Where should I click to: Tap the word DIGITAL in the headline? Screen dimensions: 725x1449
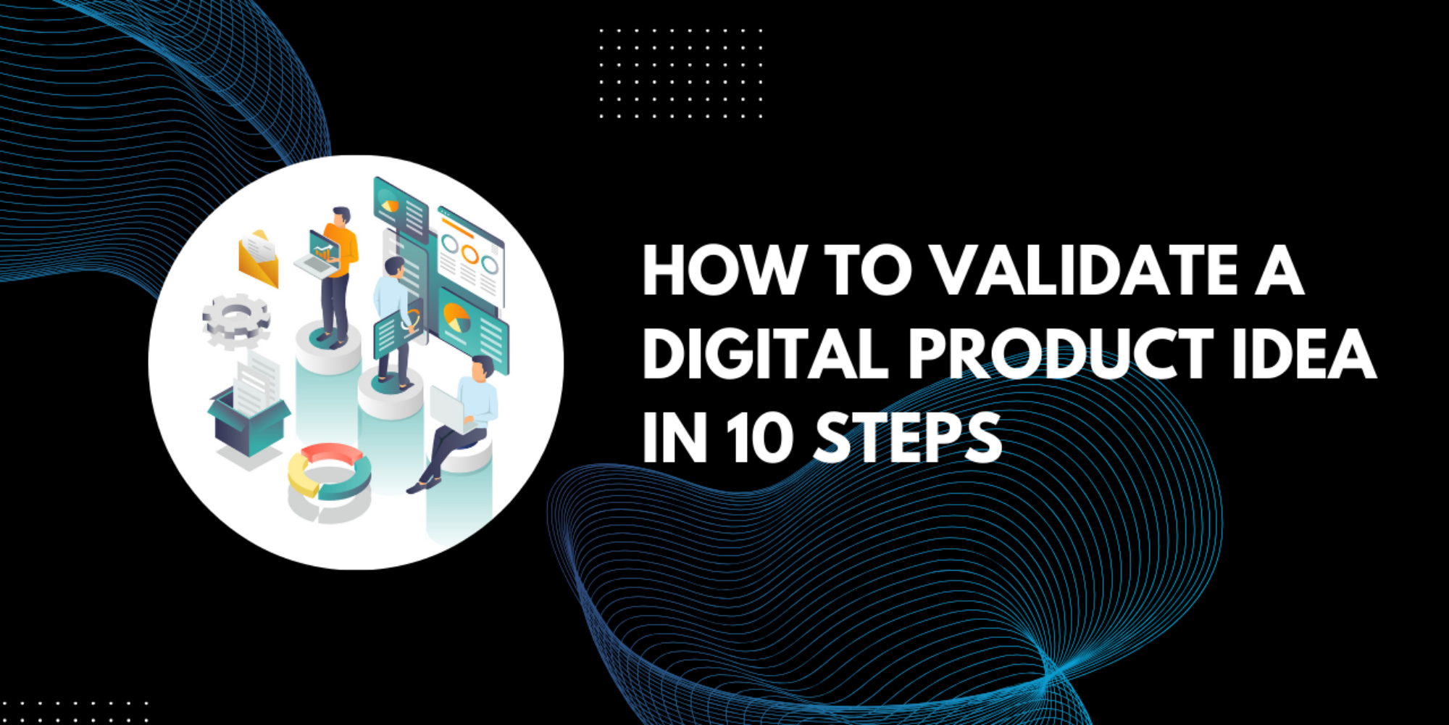pyautogui.click(x=765, y=354)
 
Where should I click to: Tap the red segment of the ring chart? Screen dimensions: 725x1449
pyautogui.click(x=331, y=454)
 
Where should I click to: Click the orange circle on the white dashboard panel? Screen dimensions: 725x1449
pyautogui.click(x=470, y=254)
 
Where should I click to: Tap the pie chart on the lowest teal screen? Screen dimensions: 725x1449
pyautogui.click(x=456, y=318)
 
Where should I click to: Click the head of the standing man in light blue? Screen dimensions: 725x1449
pyautogui.click(x=395, y=268)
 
